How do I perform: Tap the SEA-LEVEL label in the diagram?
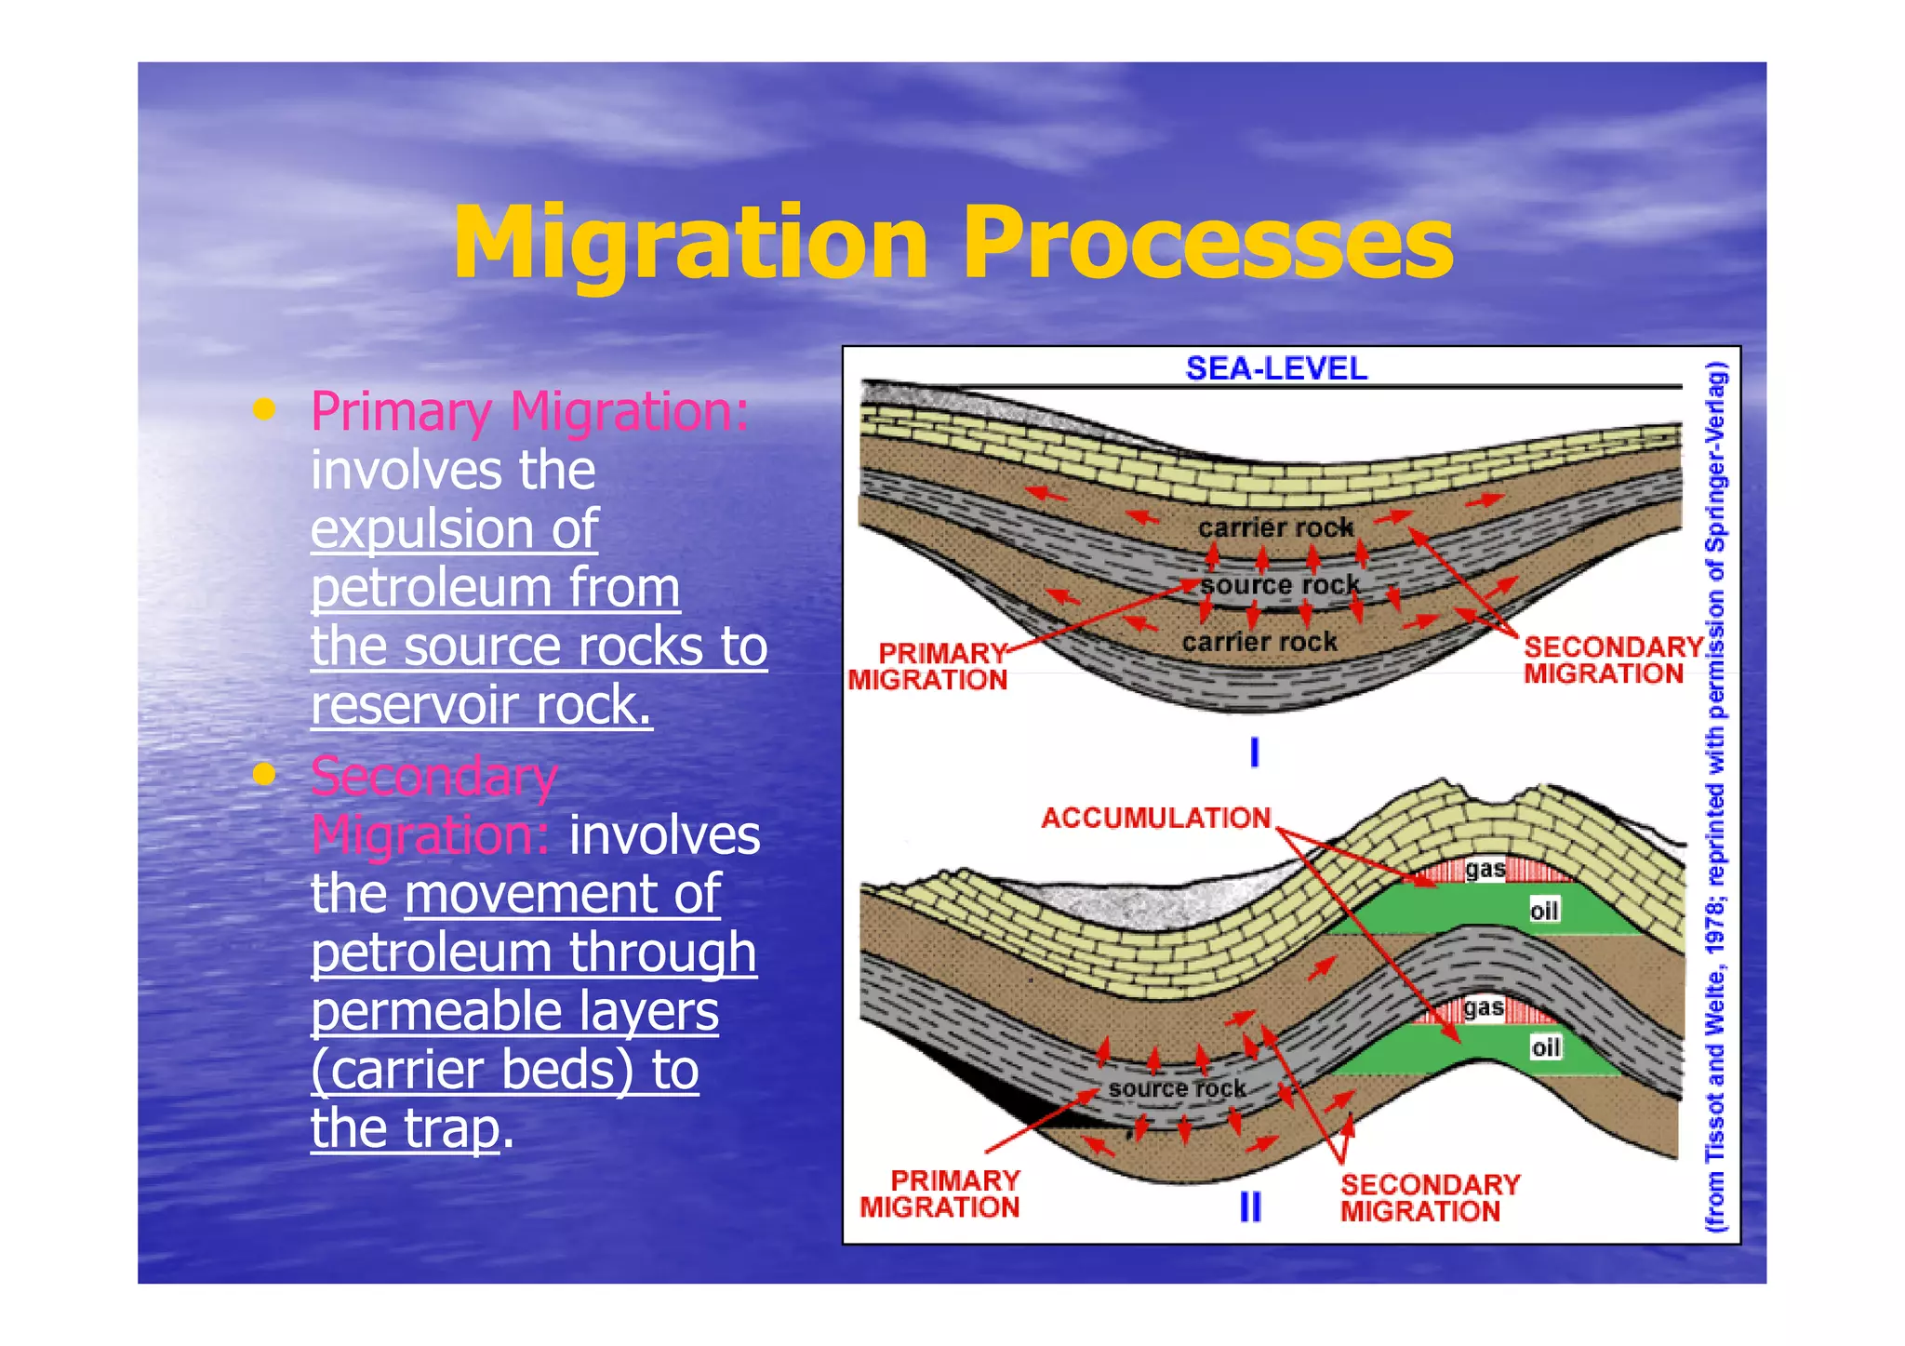tap(1276, 368)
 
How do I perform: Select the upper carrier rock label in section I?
tap(1275, 527)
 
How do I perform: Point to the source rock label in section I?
tap(1280, 585)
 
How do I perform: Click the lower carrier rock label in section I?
tap(1259, 642)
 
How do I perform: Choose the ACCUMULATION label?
tap(1155, 818)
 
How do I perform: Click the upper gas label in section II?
tap(1485, 870)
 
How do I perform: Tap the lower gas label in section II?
tap(1483, 1007)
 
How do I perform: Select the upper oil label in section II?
tap(1544, 911)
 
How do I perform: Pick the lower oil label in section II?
tap(1545, 1048)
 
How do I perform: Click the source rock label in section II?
tap(1177, 1088)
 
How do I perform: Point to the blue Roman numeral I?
tap(1254, 752)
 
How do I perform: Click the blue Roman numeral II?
tap(1251, 1207)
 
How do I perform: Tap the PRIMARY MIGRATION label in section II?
tap(940, 1193)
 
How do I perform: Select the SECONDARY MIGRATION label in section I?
tap(1613, 660)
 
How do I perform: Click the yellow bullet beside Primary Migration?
tap(265, 409)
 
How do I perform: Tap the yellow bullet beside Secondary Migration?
tap(265, 774)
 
